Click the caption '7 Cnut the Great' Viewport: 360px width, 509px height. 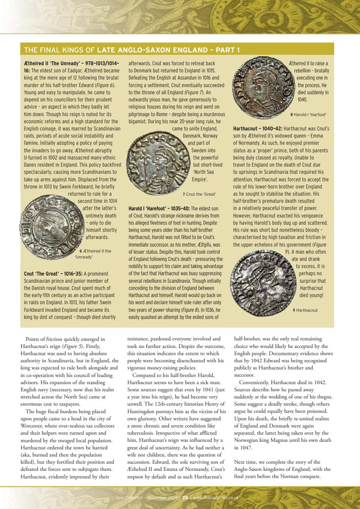coord(199,194)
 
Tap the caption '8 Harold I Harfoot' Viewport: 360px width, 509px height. coord(308,115)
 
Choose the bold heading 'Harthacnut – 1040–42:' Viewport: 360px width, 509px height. coord(258,129)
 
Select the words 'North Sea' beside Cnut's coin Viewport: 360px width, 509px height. coord(203,172)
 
